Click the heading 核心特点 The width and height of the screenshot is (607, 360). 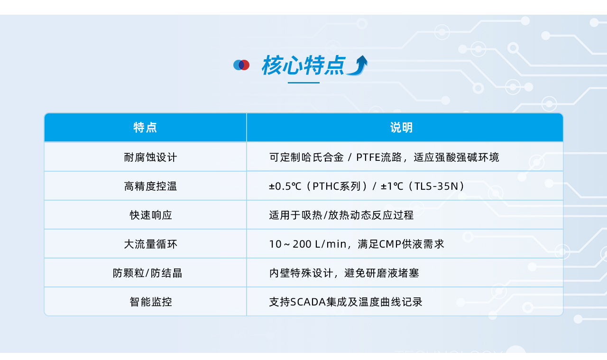point(303,65)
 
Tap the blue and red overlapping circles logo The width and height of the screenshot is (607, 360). point(241,65)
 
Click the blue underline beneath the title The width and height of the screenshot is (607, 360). point(303,83)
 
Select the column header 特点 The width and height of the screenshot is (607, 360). point(145,128)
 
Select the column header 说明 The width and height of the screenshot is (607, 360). point(401,128)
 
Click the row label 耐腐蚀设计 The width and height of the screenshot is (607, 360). point(150,157)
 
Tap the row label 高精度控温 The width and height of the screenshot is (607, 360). point(150,186)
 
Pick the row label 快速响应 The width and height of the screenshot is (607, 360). point(151,215)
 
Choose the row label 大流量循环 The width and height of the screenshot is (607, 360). point(150,244)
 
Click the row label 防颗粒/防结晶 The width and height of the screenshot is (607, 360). point(147,273)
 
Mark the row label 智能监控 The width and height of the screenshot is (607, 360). point(151,302)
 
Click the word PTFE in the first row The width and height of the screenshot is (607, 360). point(368,157)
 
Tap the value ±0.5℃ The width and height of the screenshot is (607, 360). point(285,186)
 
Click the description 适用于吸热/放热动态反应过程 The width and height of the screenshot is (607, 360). point(341,215)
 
